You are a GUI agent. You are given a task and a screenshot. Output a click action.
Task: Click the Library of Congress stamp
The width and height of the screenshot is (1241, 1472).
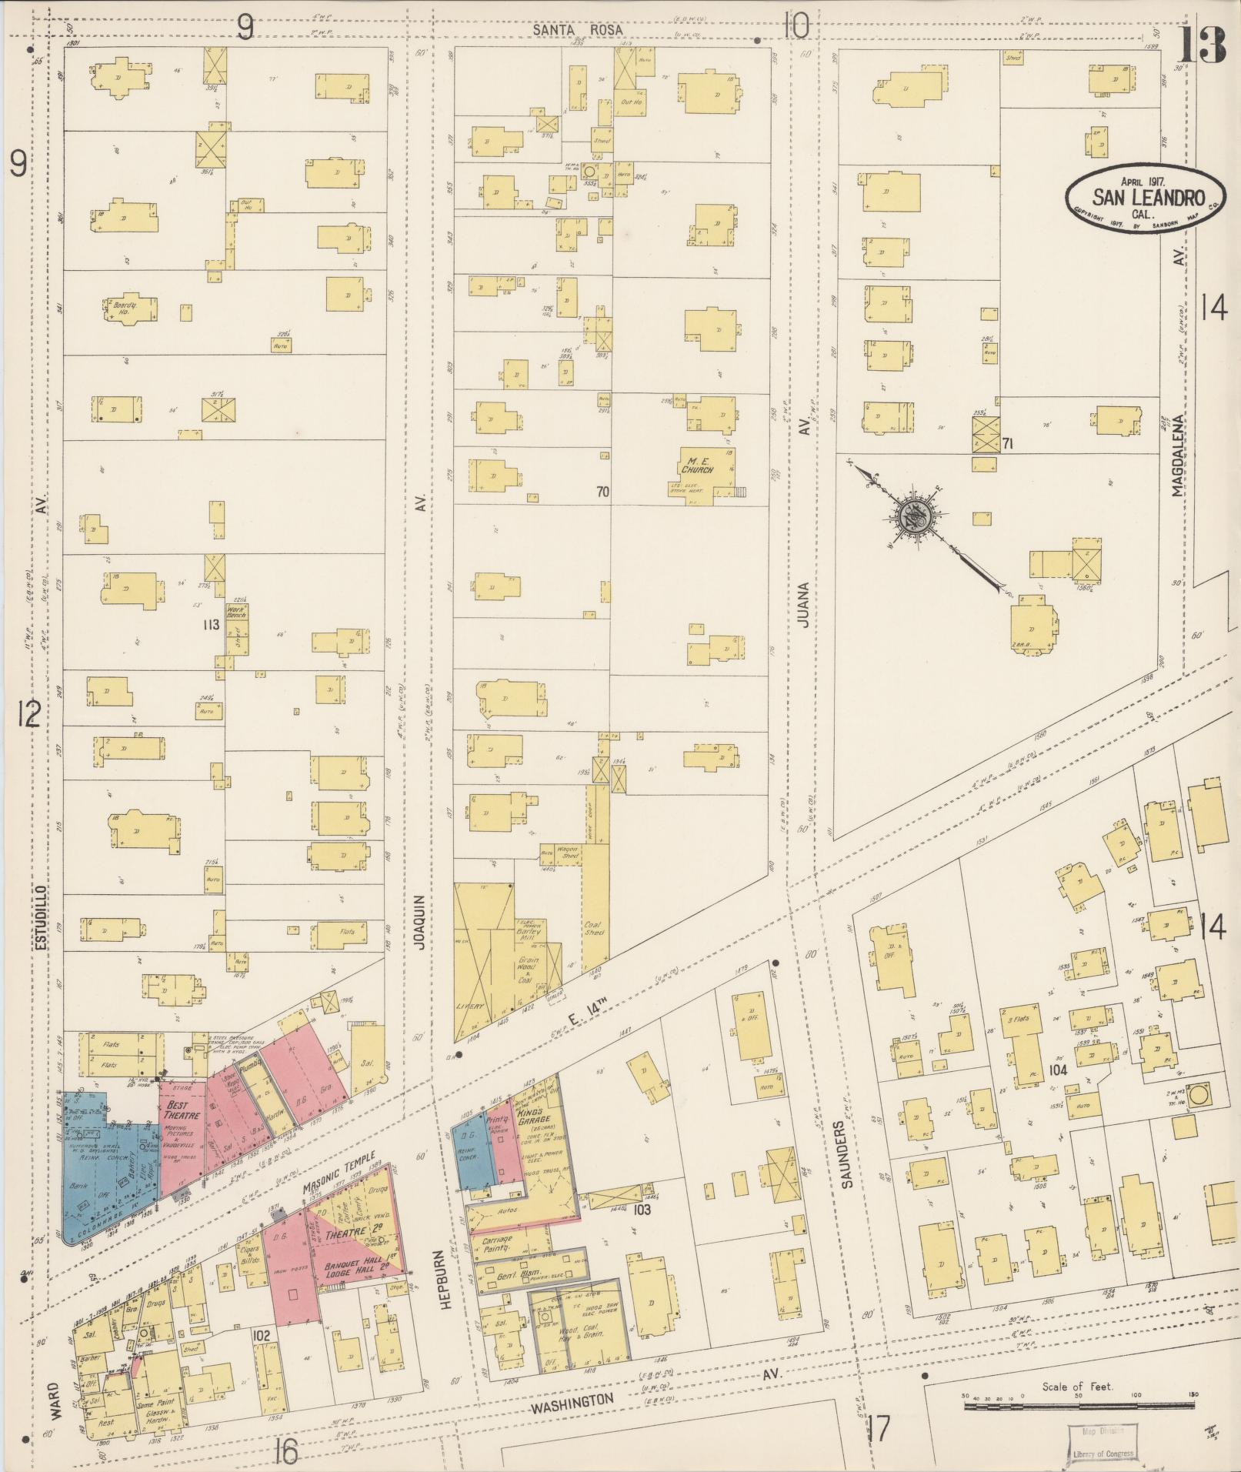tap(1102, 1437)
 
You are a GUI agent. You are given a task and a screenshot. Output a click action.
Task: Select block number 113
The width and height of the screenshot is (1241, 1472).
tap(210, 624)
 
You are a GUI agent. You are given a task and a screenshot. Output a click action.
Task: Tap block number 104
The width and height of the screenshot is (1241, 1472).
tap(1057, 1070)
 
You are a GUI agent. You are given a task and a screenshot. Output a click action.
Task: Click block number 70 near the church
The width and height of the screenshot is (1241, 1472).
tap(602, 491)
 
